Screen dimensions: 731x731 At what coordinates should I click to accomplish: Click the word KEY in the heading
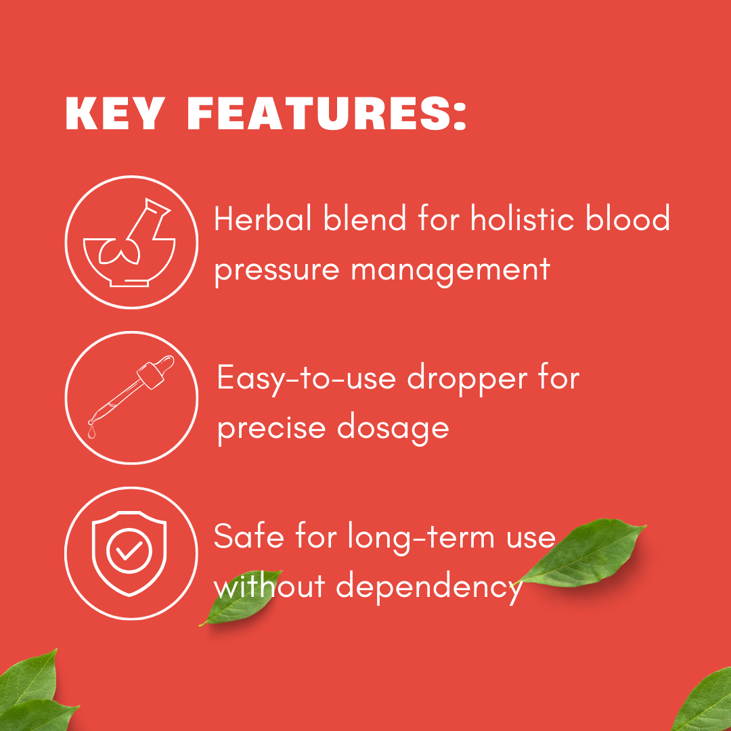(x=115, y=113)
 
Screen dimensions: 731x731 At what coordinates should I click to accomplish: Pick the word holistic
(x=522, y=218)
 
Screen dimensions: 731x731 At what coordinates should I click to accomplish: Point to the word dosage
(x=393, y=428)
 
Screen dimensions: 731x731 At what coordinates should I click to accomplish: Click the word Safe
(x=249, y=536)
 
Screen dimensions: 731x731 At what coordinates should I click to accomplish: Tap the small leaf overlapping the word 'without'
(x=241, y=598)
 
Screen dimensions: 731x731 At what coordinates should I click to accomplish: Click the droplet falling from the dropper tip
(x=91, y=433)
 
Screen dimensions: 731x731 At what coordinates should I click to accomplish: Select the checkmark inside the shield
(x=129, y=550)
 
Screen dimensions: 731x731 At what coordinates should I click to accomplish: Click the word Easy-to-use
(x=307, y=379)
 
